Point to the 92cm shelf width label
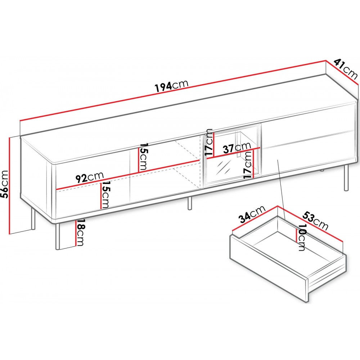[x=90, y=177]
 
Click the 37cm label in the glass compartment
[x=237, y=148]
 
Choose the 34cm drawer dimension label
[x=252, y=215]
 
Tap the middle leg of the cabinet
[x=190, y=203]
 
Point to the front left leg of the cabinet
[x=58, y=236]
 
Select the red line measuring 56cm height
[x=10, y=186]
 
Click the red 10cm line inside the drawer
[x=297, y=233]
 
